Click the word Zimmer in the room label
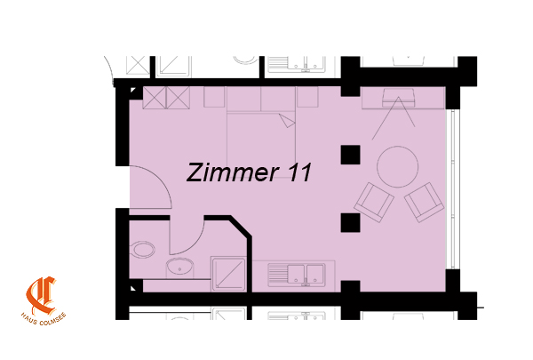click(x=233, y=172)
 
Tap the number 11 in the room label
click(x=298, y=172)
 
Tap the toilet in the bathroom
click(x=143, y=250)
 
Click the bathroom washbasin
click(x=179, y=266)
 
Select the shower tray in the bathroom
click(x=228, y=275)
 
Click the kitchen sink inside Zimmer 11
click(x=297, y=275)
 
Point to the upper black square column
click(x=351, y=155)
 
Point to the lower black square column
click(x=351, y=223)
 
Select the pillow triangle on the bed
click(x=288, y=121)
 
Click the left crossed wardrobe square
click(x=155, y=98)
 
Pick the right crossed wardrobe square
click(x=178, y=98)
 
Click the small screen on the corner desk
click(x=398, y=98)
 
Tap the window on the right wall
click(x=453, y=188)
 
